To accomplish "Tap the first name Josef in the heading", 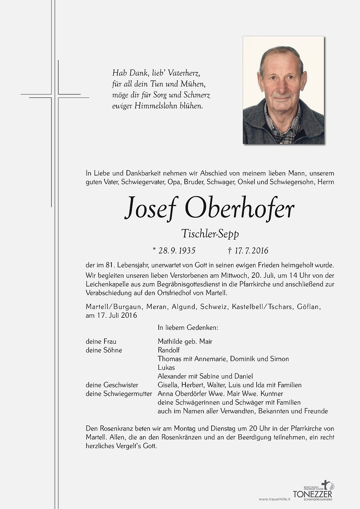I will pyautogui.click(x=151, y=208).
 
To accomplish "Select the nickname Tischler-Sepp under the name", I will pyautogui.click(x=210, y=233).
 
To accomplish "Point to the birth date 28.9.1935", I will pyautogui.click(x=176, y=251).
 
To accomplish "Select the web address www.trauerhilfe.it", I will pyautogui.click(x=275, y=499).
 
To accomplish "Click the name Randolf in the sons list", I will pyautogui.click(x=169, y=350).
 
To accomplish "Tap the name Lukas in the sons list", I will pyautogui.click(x=166, y=368).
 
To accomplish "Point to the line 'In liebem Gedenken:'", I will pyautogui.click(x=188, y=327).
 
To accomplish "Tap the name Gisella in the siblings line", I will pyautogui.click(x=169, y=385).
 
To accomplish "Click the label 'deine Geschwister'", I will pyautogui.click(x=112, y=385).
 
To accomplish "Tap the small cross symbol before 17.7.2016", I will pyautogui.click(x=229, y=251).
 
